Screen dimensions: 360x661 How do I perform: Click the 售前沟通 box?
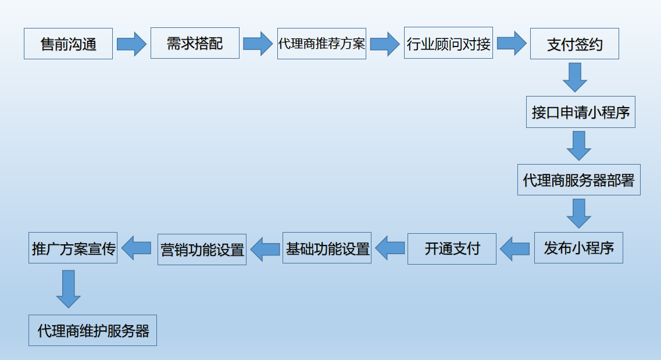(68, 44)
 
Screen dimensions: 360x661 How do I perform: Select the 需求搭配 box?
(195, 43)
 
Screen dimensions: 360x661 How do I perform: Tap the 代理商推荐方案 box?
(321, 44)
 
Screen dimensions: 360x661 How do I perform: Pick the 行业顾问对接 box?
(448, 43)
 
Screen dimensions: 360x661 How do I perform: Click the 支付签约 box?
(574, 44)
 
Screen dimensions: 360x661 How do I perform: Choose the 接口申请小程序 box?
(580, 112)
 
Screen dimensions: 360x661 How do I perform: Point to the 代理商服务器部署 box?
(578, 180)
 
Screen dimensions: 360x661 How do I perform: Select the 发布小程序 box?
(578, 248)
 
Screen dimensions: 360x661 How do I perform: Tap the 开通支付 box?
(452, 249)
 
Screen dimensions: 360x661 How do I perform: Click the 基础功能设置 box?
(327, 248)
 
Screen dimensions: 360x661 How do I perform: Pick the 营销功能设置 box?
(202, 249)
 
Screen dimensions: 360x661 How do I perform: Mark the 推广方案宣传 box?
(73, 248)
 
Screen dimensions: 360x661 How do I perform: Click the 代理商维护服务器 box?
(92, 330)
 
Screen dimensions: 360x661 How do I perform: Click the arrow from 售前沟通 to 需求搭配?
(131, 44)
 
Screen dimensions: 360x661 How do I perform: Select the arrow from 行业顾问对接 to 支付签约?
(511, 43)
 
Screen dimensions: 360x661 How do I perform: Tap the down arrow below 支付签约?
(575, 77)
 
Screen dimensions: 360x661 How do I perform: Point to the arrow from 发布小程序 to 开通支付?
(515, 249)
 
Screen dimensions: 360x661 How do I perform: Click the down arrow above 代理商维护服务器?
(69, 289)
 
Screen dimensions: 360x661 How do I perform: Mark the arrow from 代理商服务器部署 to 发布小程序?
(578, 213)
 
